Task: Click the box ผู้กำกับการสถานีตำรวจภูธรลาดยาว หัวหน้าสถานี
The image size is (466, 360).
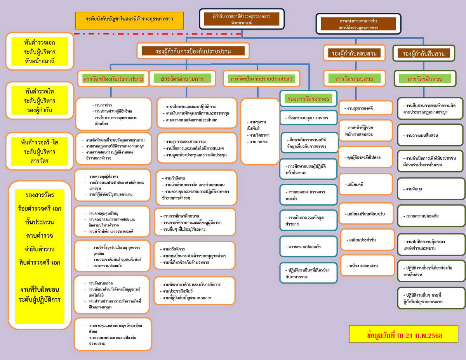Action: [x=242, y=19]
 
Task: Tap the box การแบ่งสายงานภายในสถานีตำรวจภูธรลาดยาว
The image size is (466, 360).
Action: [x=358, y=24]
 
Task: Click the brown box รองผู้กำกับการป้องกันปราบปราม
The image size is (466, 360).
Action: [x=193, y=51]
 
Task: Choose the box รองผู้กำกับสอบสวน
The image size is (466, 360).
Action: [x=355, y=53]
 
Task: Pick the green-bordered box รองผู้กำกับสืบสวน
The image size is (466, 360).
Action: [x=424, y=54]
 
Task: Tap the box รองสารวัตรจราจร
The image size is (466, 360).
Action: [x=309, y=99]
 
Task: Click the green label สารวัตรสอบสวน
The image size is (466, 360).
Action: [x=354, y=79]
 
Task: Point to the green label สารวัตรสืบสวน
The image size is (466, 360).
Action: [x=424, y=79]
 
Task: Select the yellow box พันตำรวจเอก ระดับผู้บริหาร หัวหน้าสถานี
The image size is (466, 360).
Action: [x=40, y=51]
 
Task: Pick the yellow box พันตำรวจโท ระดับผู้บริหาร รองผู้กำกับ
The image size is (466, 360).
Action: [x=40, y=101]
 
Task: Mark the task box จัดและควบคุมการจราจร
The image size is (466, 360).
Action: [x=309, y=117]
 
